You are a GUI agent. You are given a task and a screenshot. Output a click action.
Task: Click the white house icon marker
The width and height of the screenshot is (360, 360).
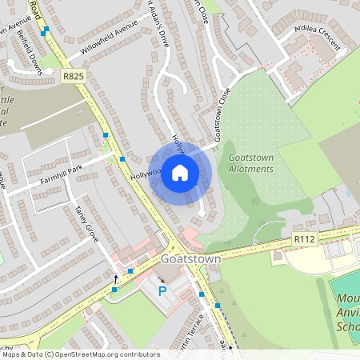[x=180, y=172]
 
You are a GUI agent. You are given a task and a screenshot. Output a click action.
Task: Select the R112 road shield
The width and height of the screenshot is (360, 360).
[x=302, y=238]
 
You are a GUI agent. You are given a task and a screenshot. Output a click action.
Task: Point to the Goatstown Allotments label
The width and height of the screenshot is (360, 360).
[x=250, y=163]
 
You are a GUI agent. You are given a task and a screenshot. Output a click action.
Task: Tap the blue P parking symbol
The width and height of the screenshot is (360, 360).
[x=162, y=291]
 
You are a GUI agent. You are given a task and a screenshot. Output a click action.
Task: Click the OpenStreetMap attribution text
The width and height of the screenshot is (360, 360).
[x=80, y=354]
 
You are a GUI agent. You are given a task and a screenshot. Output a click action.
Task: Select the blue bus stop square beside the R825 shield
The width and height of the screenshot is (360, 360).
[x=105, y=135]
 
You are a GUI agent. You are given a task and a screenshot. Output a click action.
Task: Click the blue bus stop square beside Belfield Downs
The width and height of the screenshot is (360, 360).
[x=46, y=30]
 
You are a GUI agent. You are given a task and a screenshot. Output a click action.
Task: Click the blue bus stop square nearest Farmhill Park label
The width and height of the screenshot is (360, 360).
[x=122, y=159]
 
